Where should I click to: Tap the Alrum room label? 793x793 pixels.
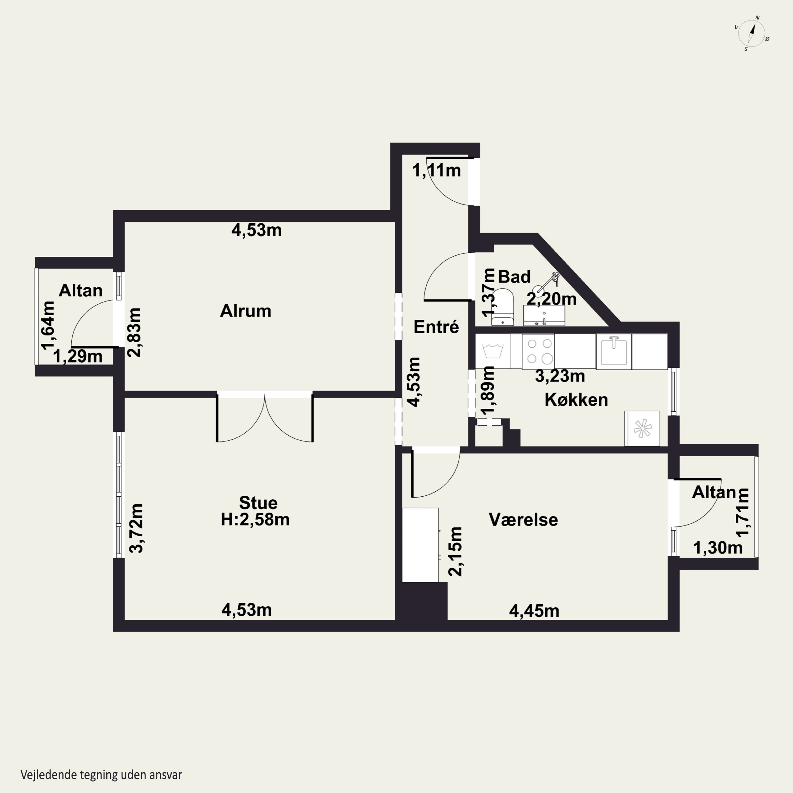[x=246, y=311]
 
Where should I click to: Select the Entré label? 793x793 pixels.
[x=436, y=327]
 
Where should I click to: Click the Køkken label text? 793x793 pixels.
[x=576, y=400]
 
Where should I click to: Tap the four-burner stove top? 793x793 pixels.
[x=538, y=351]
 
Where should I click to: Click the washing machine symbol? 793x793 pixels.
[x=493, y=351]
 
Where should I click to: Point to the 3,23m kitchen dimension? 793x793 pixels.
[x=560, y=376]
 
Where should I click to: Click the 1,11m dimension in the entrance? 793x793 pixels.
[x=436, y=170]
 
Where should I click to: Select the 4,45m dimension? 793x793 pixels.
[x=534, y=611]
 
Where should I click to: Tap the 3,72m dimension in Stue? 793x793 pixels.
[x=136, y=528]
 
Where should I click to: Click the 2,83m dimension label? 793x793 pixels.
[x=134, y=333]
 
